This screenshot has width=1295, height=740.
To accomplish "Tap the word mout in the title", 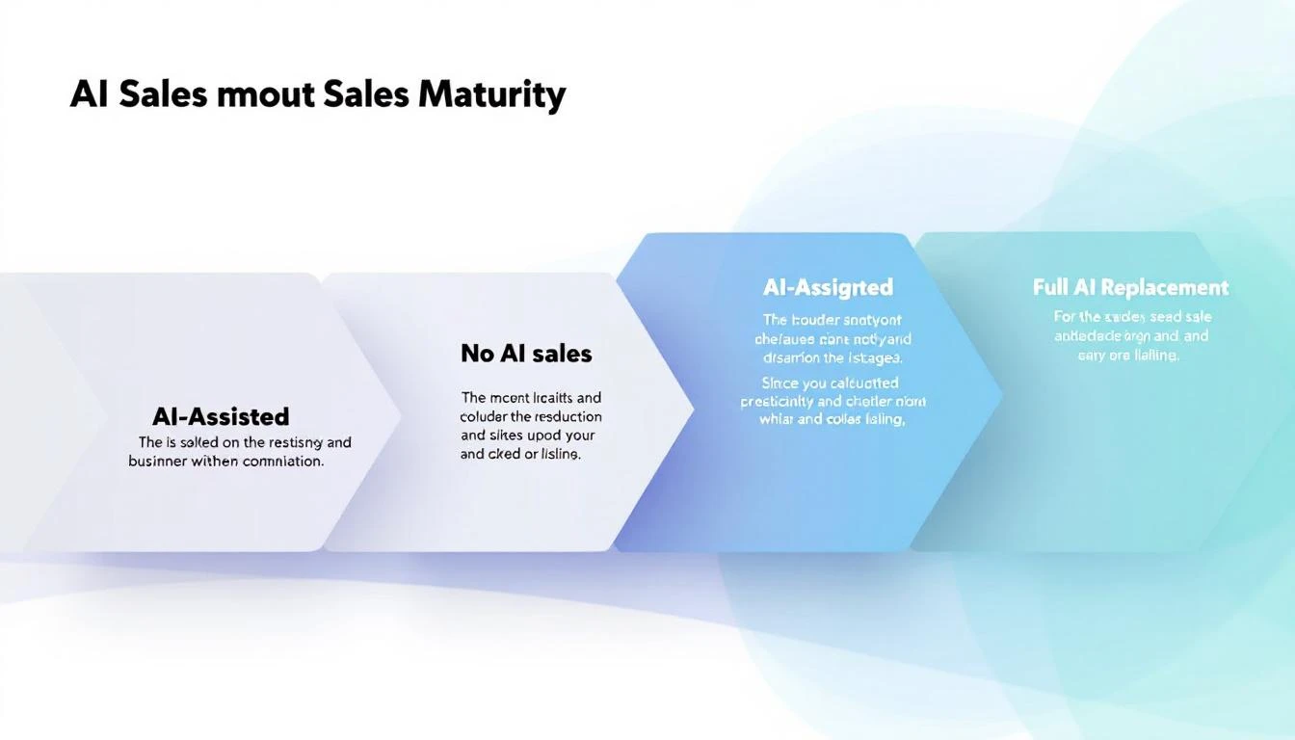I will pyautogui.click(x=274, y=94).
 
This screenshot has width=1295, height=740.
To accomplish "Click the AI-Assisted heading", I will pyautogui.click(x=221, y=416).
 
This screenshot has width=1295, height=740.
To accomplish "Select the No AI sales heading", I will pyautogui.click(x=526, y=354).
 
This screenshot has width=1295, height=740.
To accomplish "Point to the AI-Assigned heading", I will pyautogui.click(x=828, y=287).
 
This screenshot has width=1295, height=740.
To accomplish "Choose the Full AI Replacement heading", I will pyautogui.click(x=1130, y=287).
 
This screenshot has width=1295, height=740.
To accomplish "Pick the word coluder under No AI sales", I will pyautogui.click(x=484, y=416).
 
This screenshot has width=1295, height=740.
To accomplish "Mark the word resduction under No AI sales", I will pyautogui.click(x=568, y=416).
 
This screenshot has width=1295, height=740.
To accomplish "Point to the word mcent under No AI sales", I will pyautogui.click(x=511, y=397).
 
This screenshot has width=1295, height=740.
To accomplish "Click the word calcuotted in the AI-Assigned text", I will pyautogui.click(x=862, y=383).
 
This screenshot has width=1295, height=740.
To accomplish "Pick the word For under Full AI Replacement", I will pyautogui.click(x=1064, y=317).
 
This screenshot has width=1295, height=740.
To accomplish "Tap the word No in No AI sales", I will pyautogui.click(x=477, y=354).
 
